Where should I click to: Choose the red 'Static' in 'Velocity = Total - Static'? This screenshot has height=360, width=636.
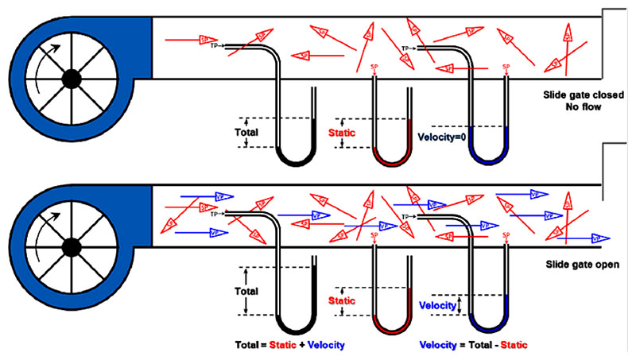(510, 346)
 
